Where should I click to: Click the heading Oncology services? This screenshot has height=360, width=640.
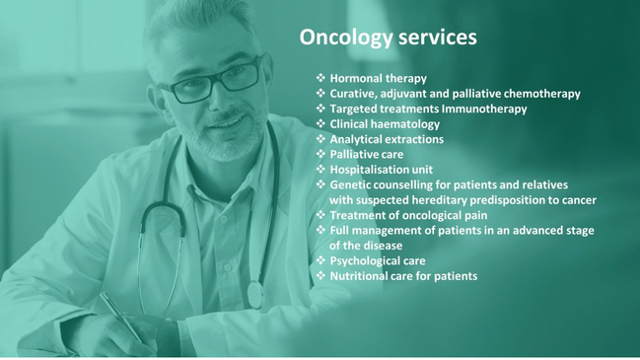pos(388,37)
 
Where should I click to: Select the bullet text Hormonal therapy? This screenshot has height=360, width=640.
pos(378,78)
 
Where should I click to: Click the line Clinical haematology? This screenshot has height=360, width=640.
pos(385,124)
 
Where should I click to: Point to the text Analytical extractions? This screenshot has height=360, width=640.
pos(387,139)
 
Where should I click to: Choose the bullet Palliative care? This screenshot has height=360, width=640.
pos(366,155)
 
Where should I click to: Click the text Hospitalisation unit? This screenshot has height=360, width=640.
pos(381,170)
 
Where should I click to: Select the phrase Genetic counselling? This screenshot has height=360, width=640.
pos(380,184)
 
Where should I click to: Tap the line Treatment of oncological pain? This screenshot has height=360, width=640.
pos(408,215)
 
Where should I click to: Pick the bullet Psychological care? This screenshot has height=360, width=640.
pos(378,261)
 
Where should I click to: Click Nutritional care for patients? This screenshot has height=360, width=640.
pos(403,276)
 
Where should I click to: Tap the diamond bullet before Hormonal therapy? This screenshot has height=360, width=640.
pos(320,78)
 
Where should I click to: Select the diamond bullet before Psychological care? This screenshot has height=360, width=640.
pos(320,261)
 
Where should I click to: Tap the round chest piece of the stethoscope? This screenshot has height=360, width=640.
pos(255,294)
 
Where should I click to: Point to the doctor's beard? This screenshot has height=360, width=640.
pos(231,139)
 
